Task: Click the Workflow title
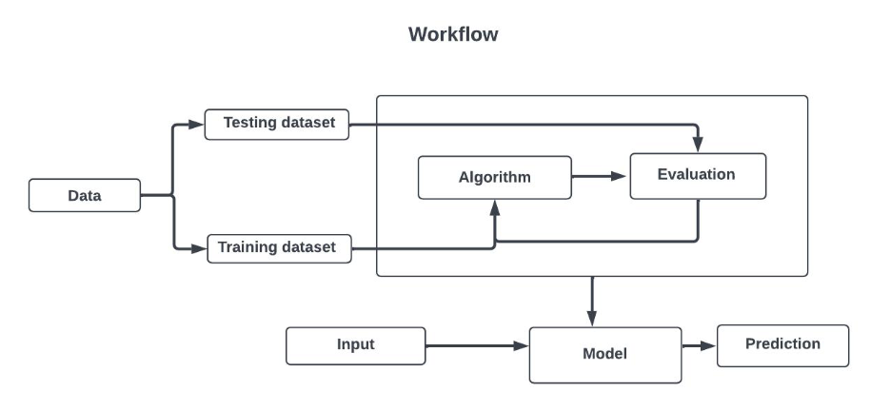click(453, 34)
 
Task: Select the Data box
click(85, 196)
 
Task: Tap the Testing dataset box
click(277, 124)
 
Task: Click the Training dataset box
click(278, 248)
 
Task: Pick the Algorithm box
click(494, 177)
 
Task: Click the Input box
click(355, 345)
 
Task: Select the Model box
click(604, 354)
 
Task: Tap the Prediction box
click(781, 345)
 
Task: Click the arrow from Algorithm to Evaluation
click(600, 176)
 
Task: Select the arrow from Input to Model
click(476, 346)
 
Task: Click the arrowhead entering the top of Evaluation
click(698, 146)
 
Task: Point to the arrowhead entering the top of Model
click(592, 318)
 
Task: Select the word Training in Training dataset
click(248, 248)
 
